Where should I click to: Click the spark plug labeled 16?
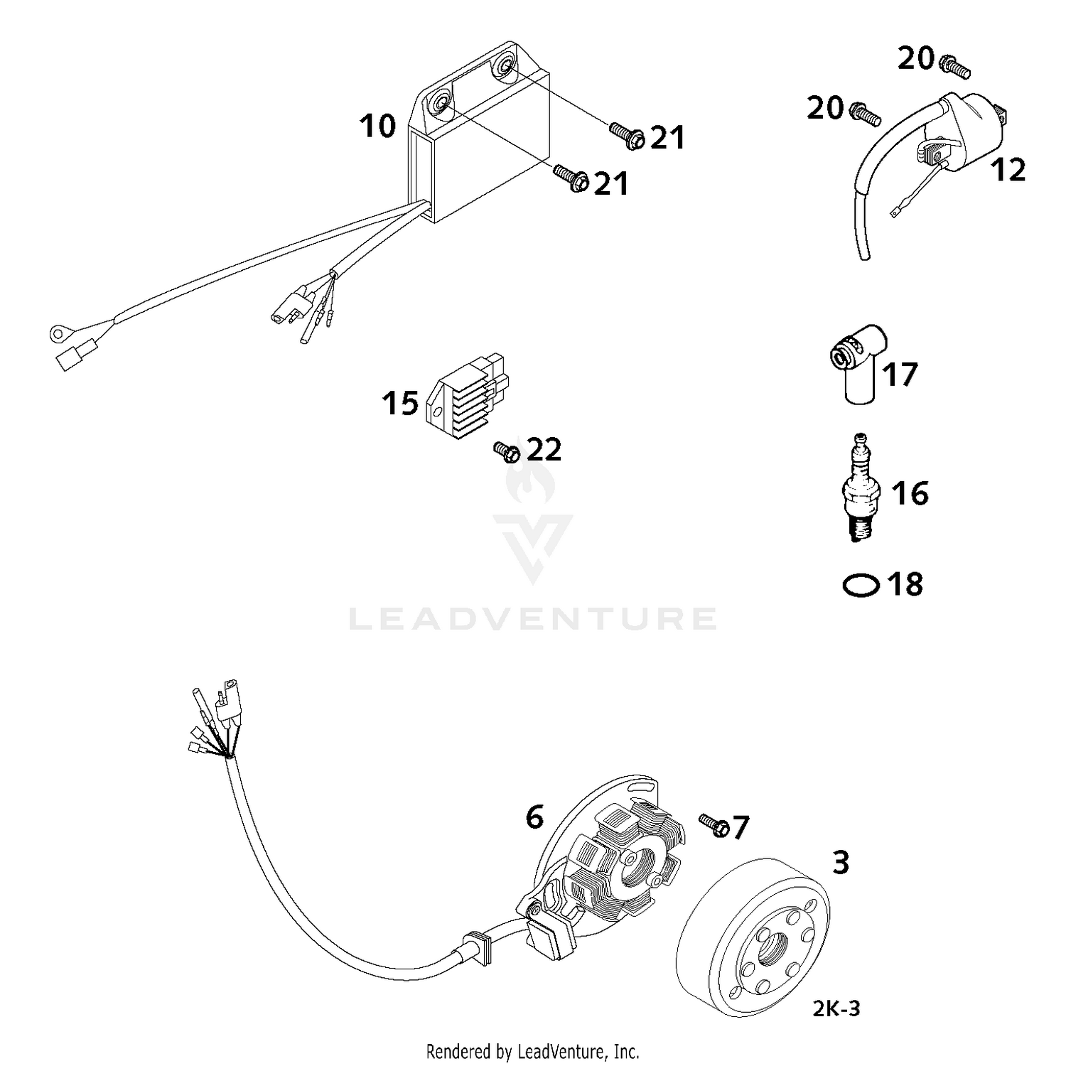tap(861, 490)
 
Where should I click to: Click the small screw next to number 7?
tap(714, 825)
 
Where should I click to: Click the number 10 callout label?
tap(377, 126)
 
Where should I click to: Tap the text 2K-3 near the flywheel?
tap(836, 1008)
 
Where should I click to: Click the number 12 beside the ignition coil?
tap(1008, 171)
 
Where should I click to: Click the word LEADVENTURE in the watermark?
tap(533, 619)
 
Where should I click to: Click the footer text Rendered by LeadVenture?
tap(532, 1051)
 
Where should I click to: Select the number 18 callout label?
tap(905, 584)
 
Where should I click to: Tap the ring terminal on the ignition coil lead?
tap(895, 211)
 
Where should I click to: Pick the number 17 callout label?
tap(900, 375)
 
